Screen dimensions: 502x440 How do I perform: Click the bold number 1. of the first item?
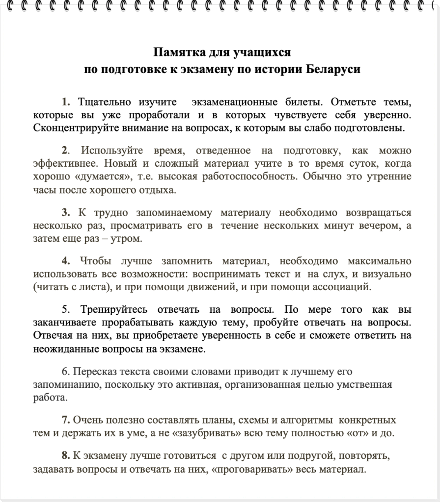(66, 102)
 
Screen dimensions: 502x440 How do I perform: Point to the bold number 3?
(66, 213)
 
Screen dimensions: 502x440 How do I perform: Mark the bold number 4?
(66, 261)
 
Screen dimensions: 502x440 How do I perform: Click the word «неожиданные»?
(61, 349)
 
